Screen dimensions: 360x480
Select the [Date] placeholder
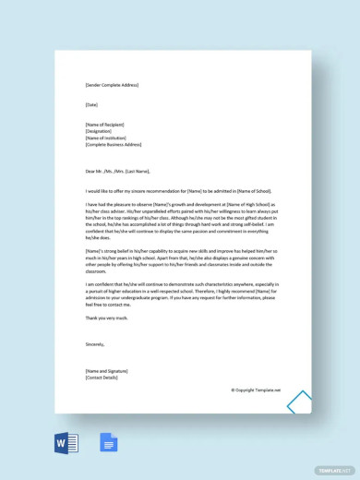91,104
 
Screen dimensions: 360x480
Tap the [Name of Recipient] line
107,125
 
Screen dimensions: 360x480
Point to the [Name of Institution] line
108,138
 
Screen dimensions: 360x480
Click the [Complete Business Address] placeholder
114,145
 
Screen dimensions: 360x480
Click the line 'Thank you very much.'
104,317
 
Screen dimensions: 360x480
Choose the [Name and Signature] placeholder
106,370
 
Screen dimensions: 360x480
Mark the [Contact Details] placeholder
102,377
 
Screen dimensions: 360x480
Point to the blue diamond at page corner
300,404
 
